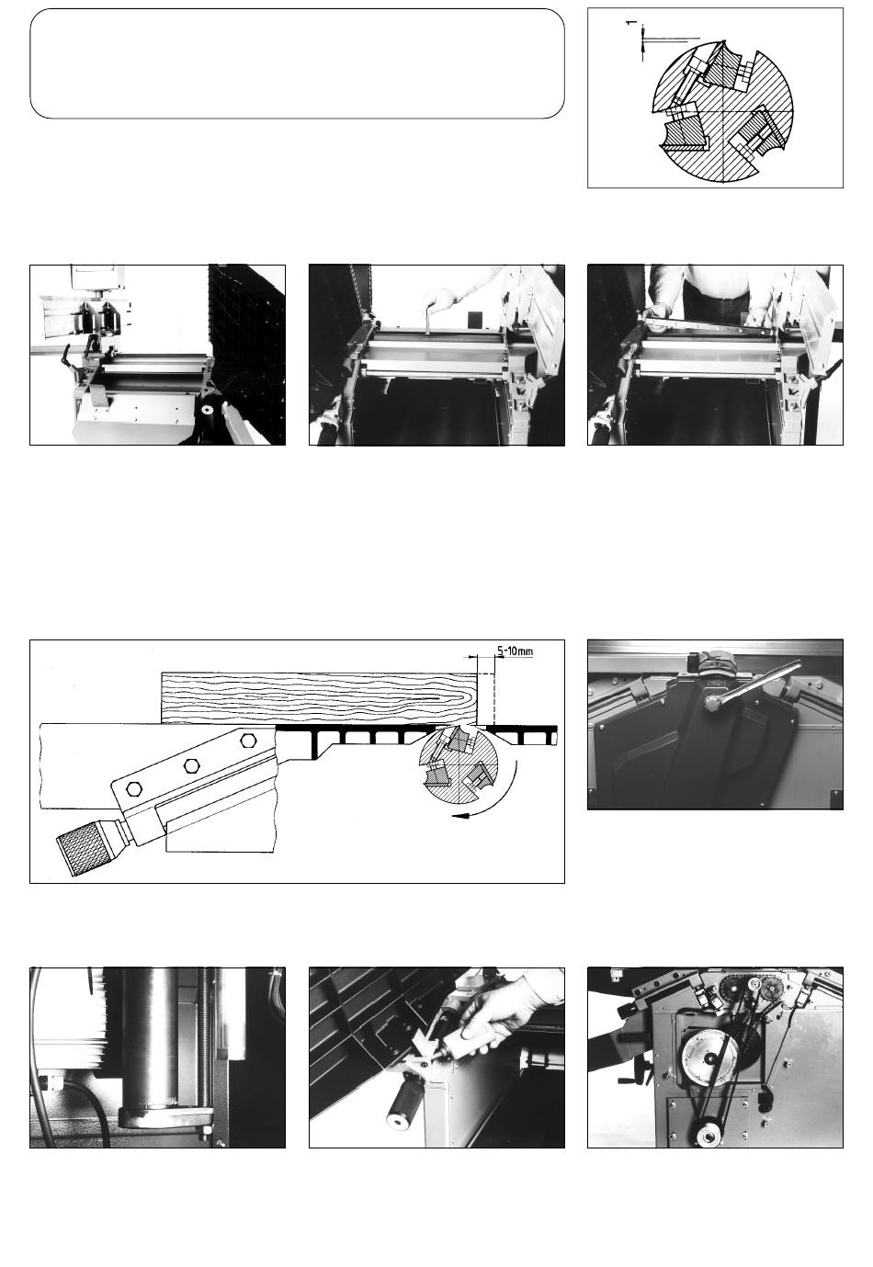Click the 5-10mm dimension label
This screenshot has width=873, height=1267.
point(515,651)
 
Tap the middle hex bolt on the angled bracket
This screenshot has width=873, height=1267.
point(192,765)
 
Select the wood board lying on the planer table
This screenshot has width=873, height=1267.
point(319,698)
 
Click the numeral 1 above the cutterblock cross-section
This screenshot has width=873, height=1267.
point(631,23)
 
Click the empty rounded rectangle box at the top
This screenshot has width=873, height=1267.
point(297,63)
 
